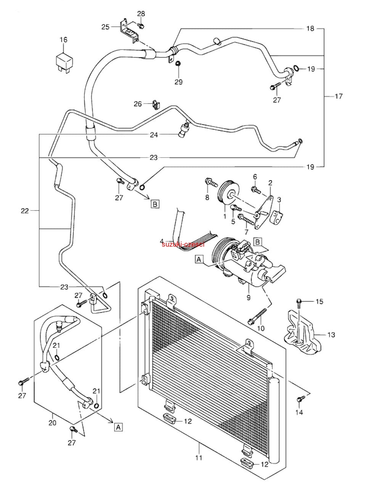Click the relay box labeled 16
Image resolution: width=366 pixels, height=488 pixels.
pyautogui.click(x=64, y=62)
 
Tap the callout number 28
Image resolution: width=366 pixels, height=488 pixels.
pyautogui.click(x=141, y=14)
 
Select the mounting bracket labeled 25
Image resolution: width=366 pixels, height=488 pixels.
pyautogui.click(x=129, y=31)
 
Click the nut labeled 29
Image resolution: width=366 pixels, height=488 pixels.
pyautogui.click(x=178, y=64)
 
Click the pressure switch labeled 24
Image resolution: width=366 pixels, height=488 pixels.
pyautogui.click(x=184, y=130)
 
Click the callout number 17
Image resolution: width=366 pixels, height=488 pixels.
pyautogui.click(x=339, y=96)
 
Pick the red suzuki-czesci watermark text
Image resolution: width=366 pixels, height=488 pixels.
pyautogui.click(x=183, y=244)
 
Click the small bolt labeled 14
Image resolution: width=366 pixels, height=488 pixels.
pyautogui.click(x=300, y=398)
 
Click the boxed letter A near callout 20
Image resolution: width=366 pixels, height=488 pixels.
pyautogui.click(x=119, y=427)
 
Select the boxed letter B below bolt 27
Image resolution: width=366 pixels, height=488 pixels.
pyautogui.click(x=155, y=204)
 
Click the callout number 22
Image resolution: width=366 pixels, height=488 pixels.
pyautogui.click(x=25, y=211)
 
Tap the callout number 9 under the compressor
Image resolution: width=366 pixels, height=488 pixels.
pyautogui.click(x=249, y=297)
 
